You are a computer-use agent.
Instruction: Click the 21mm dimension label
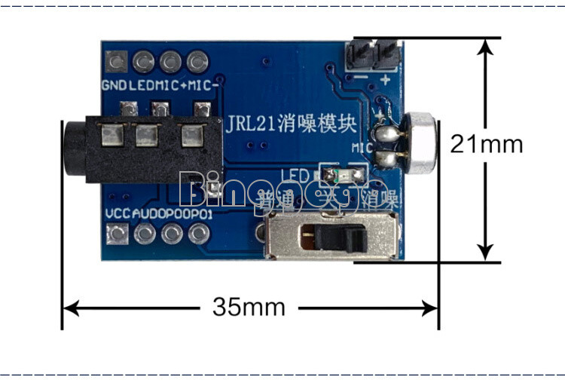click(486, 143)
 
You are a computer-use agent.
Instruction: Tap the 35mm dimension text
click(249, 307)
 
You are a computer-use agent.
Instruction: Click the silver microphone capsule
click(423, 143)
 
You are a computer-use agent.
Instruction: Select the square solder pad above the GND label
click(116, 60)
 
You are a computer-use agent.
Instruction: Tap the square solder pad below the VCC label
click(117, 235)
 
